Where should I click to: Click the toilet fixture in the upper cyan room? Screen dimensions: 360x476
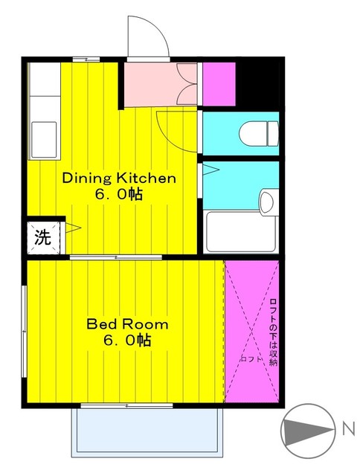pyautogui.click(x=259, y=134)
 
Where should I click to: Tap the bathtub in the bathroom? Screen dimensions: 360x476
pyautogui.click(x=241, y=231)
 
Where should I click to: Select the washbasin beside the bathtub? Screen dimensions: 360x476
pyautogui.click(x=269, y=202)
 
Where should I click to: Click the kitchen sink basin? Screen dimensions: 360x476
pyautogui.click(x=44, y=140)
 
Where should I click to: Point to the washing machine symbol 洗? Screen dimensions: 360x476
pyautogui.click(x=42, y=237)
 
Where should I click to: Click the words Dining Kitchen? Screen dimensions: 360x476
pyautogui.click(x=119, y=178)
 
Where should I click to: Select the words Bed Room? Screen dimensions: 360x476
pyautogui.click(x=127, y=324)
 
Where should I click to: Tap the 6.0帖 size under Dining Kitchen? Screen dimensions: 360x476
pyautogui.click(x=119, y=194)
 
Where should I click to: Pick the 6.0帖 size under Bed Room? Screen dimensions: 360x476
pyautogui.click(x=127, y=340)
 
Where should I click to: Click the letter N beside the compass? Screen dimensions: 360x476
pyautogui.click(x=349, y=429)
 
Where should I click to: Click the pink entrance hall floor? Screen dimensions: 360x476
pyautogui.click(x=161, y=84)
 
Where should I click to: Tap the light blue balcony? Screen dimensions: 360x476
pyautogui.click(x=147, y=432)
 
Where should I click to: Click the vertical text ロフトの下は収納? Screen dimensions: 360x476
pyautogui.click(x=274, y=332)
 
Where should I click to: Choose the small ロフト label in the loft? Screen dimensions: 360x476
pyautogui.click(x=251, y=359)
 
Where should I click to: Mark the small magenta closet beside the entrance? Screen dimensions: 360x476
pyautogui.click(x=219, y=84)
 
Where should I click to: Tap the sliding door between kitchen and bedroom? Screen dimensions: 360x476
pyautogui.click(x=116, y=257)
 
